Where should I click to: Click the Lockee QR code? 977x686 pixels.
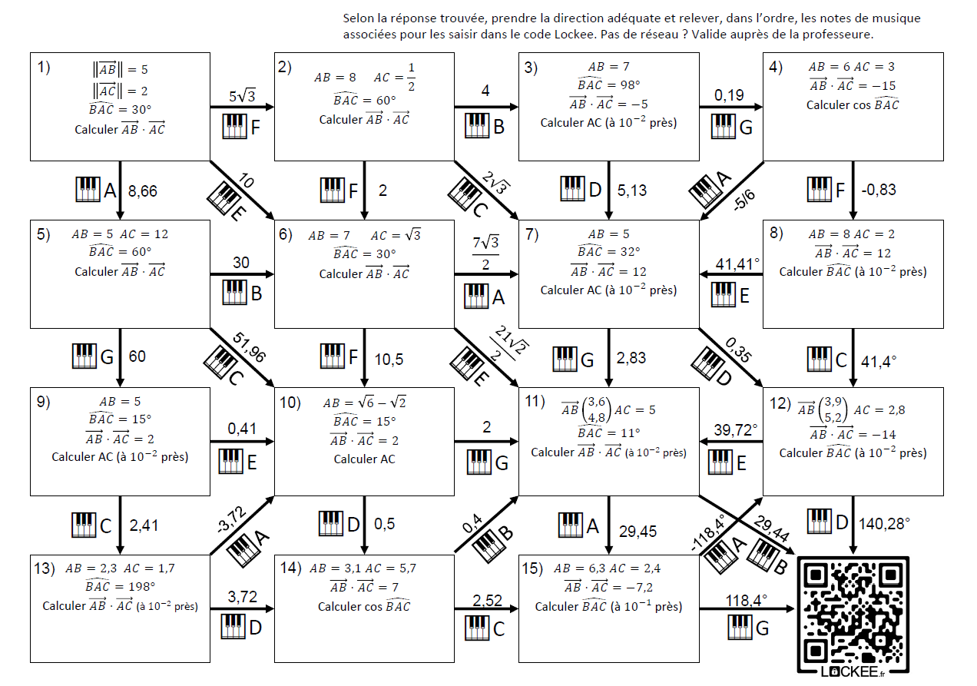click(853, 617)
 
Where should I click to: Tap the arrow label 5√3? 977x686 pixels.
click(242, 95)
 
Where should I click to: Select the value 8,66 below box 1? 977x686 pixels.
click(143, 191)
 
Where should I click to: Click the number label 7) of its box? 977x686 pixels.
click(532, 234)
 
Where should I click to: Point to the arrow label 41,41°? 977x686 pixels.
click(737, 263)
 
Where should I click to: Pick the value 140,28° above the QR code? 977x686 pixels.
click(884, 523)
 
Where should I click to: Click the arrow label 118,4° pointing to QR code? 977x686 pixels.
click(747, 601)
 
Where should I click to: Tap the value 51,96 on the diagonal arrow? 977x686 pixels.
click(249, 347)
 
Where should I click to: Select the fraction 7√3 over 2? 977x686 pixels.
click(486, 254)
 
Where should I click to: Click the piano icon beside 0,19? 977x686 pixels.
click(724, 127)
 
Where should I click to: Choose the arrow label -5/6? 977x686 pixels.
click(744, 200)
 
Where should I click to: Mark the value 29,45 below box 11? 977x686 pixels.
click(638, 531)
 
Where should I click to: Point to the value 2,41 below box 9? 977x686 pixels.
click(144, 525)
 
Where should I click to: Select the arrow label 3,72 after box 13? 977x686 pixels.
click(243, 596)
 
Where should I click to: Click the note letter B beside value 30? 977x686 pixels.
click(257, 293)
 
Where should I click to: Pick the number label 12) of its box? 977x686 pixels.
click(780, 403)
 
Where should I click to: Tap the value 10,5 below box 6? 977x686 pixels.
click(389, 360)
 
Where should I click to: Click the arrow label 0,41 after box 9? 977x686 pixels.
click(242, 428)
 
